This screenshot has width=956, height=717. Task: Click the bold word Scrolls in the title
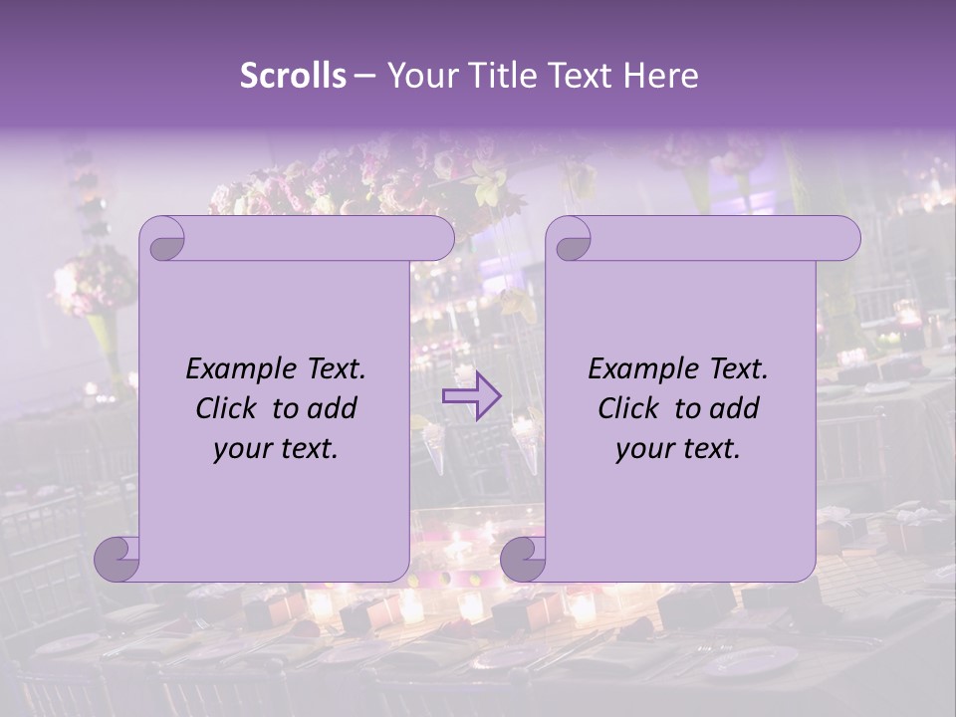pyautogui.click(x=293, y=76)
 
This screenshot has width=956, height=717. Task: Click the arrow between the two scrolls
pyautogui.click(x=472, y=395)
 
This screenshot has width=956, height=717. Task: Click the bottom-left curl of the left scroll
pyautogui.click(x=118, y=559)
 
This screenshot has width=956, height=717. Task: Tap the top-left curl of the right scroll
pyautogui.click(x=572, y=239)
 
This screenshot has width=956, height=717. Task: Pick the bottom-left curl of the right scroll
pyautogui.click(x=524, y=559)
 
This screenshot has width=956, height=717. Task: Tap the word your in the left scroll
pyautogui.click(x=241, y=449)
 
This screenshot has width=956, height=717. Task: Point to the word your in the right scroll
pyautogui.click(x=643, y=449)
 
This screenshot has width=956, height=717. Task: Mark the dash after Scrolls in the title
pyautogui.click(x=363, y=76)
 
